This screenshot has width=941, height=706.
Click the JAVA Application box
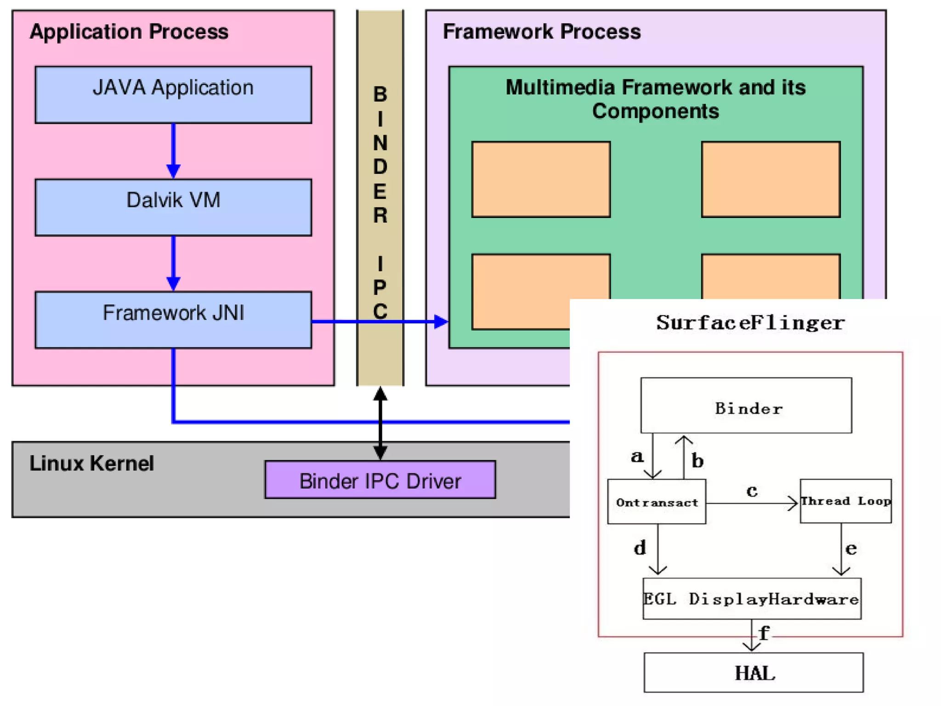(x=173, y=95)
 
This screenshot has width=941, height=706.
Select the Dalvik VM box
(x=173, y=207)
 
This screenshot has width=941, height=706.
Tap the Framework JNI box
(x=173, y=320)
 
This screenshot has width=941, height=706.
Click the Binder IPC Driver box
(x=380, y=480)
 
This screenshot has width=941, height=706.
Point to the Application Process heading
(x=129, y=32)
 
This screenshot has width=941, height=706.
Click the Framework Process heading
(x=541, y=32)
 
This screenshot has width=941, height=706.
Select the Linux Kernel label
(x=91, y=463)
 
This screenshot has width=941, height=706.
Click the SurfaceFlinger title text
(x=750, y=322)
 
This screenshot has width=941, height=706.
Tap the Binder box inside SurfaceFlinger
(x=746, y=406)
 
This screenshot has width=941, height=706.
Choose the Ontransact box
(x=657, y=502)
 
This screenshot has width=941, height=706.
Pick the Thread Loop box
(x=845, y=501)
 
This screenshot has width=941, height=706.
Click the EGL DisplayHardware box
(x=752, y=599)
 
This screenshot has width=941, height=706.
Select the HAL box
(x=754, y=672)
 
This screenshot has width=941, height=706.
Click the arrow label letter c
(x=752, y=491)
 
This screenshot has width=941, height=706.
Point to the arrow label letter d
(x=640, y=548)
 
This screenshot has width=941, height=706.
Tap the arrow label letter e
(x=851, y=548)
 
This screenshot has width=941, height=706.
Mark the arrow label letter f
(x=764, y=633)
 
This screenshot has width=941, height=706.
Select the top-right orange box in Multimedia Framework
(x=771, y=179)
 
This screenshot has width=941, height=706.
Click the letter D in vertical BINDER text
(x=380, y=167)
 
